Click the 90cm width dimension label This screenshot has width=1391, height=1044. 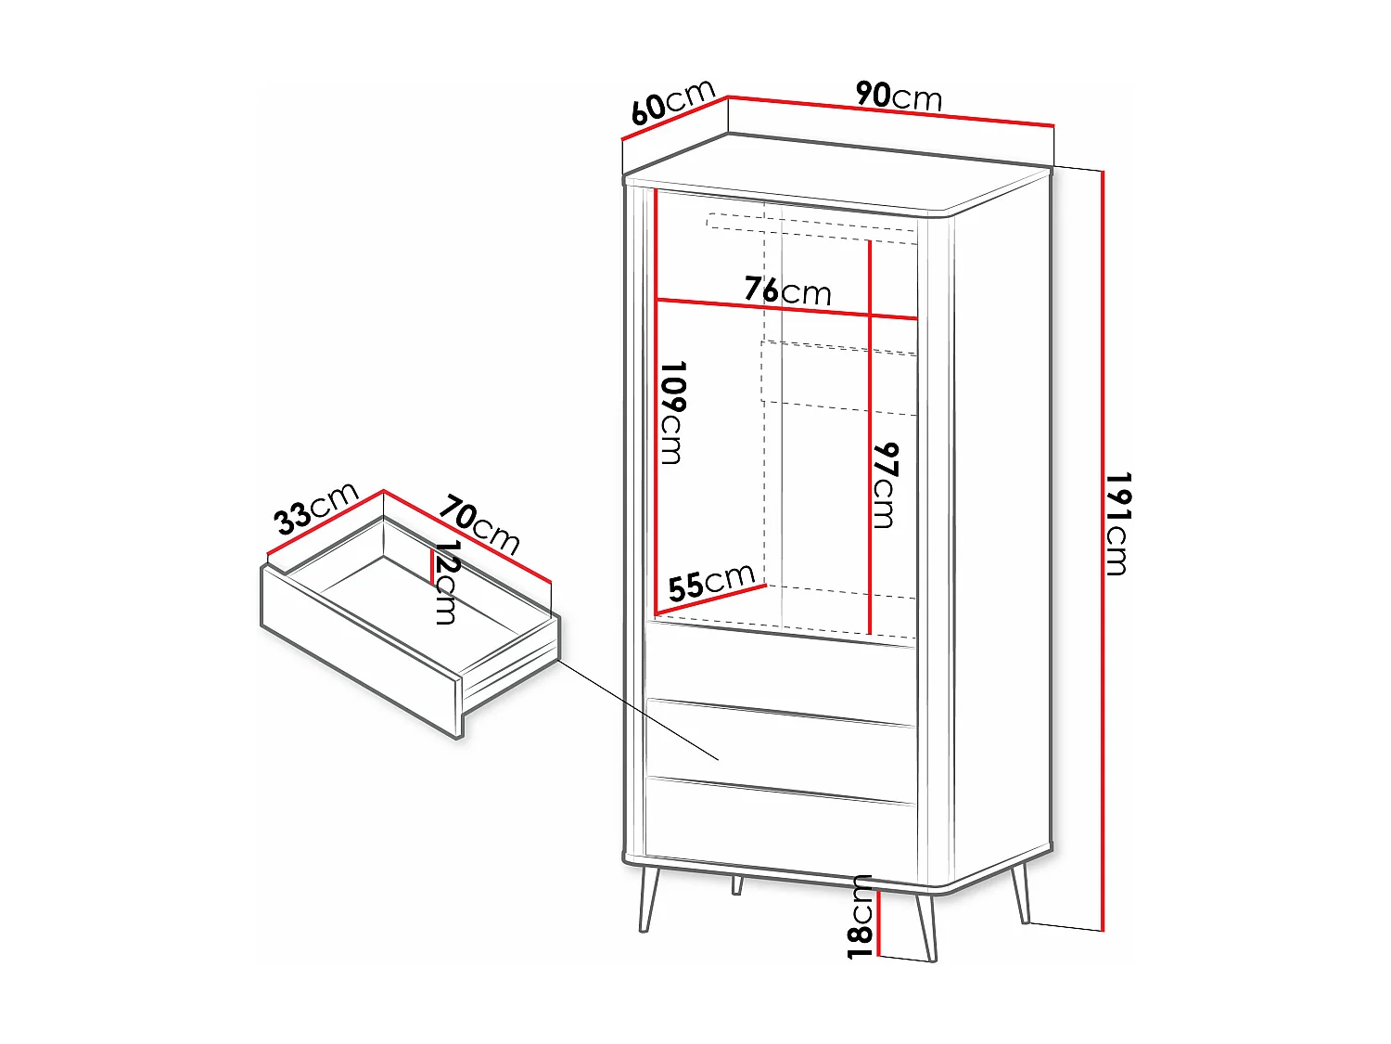(x=898, y=96)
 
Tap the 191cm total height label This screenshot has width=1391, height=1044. (x=1117, y=524)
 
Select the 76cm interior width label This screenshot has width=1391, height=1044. (x=787, y=290)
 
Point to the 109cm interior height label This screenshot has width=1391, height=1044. (x=672, y=412)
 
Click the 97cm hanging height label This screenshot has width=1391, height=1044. (x=886, y=485)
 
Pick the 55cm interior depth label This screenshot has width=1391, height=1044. (x=711, y=583)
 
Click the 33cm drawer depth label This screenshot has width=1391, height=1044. (x=316, y=509)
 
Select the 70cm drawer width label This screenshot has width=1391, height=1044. (x=479, y=525)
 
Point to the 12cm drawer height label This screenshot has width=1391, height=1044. (x=447, y=583)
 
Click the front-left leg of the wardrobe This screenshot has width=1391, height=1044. (x=648, y=898)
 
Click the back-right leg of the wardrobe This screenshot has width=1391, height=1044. (x=1021, y=893)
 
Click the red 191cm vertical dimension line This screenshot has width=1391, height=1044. (x=1103, y=742)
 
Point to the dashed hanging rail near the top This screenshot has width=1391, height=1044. (x=811, y=228)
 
